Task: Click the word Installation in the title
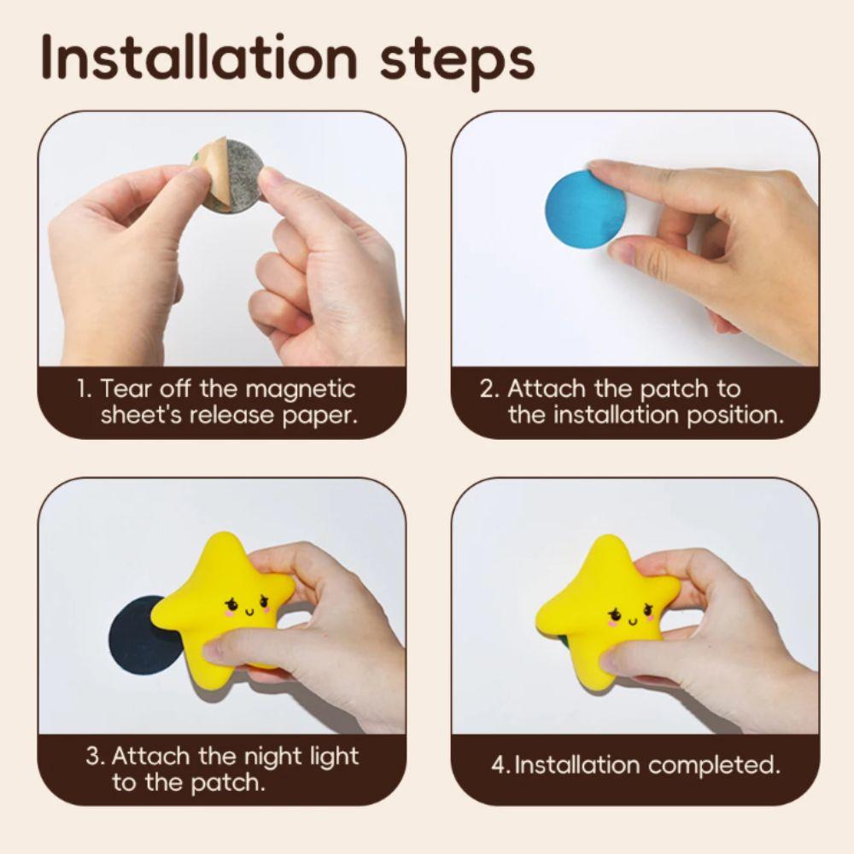[x=199, y=57]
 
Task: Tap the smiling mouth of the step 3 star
[x=249, y=612]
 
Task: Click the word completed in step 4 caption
[x=714, y=766]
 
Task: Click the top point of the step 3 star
[x=222, y=534]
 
